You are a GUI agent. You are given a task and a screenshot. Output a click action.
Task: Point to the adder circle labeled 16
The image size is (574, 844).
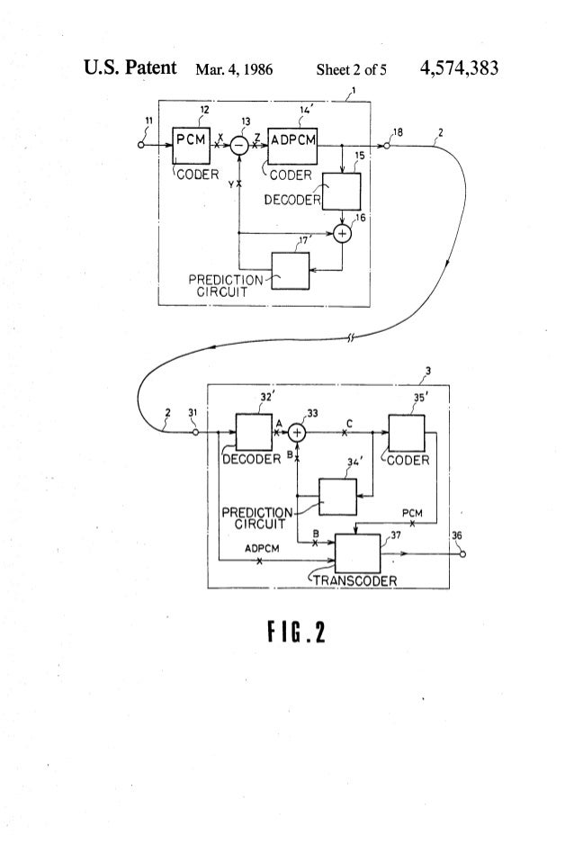pyautogui.click(x=342, y=233)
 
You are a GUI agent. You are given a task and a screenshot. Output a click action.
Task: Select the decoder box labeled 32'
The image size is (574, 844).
pyautogui.click(x=254, y=433)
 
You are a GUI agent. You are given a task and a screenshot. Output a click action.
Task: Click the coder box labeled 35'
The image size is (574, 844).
pyautogui.click(x=406, y=433)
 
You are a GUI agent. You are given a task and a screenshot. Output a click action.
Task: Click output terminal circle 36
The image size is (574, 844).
pyautogui.click(x=462, y=553)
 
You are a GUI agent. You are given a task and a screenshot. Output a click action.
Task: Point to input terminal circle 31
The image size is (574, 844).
pyautogui.click(x=197, y=433)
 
